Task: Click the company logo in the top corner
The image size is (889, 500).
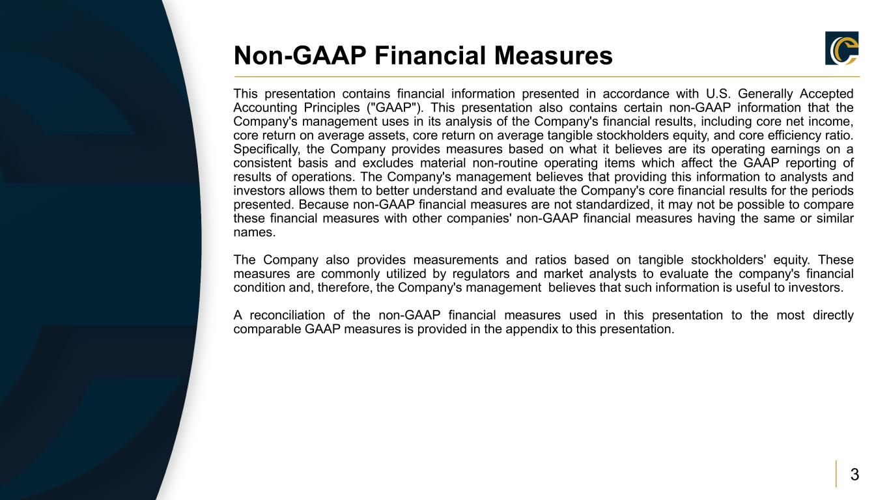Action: (841, 48)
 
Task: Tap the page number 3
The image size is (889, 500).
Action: (854, 474)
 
